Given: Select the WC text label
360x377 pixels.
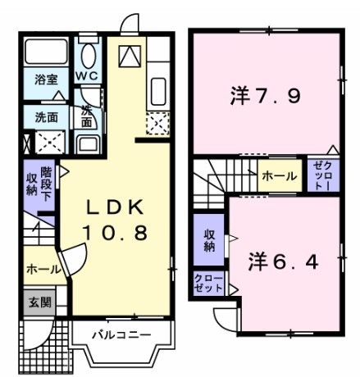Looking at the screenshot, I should pyautogui.click(x=89, y=76).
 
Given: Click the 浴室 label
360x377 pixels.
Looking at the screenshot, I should pyautogui.click(x=46, y=80).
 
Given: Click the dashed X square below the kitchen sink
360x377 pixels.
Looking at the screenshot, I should pyautogui.click(x=157, y=123).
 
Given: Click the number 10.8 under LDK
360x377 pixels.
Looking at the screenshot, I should pyautogui.click(x=114, y=233).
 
